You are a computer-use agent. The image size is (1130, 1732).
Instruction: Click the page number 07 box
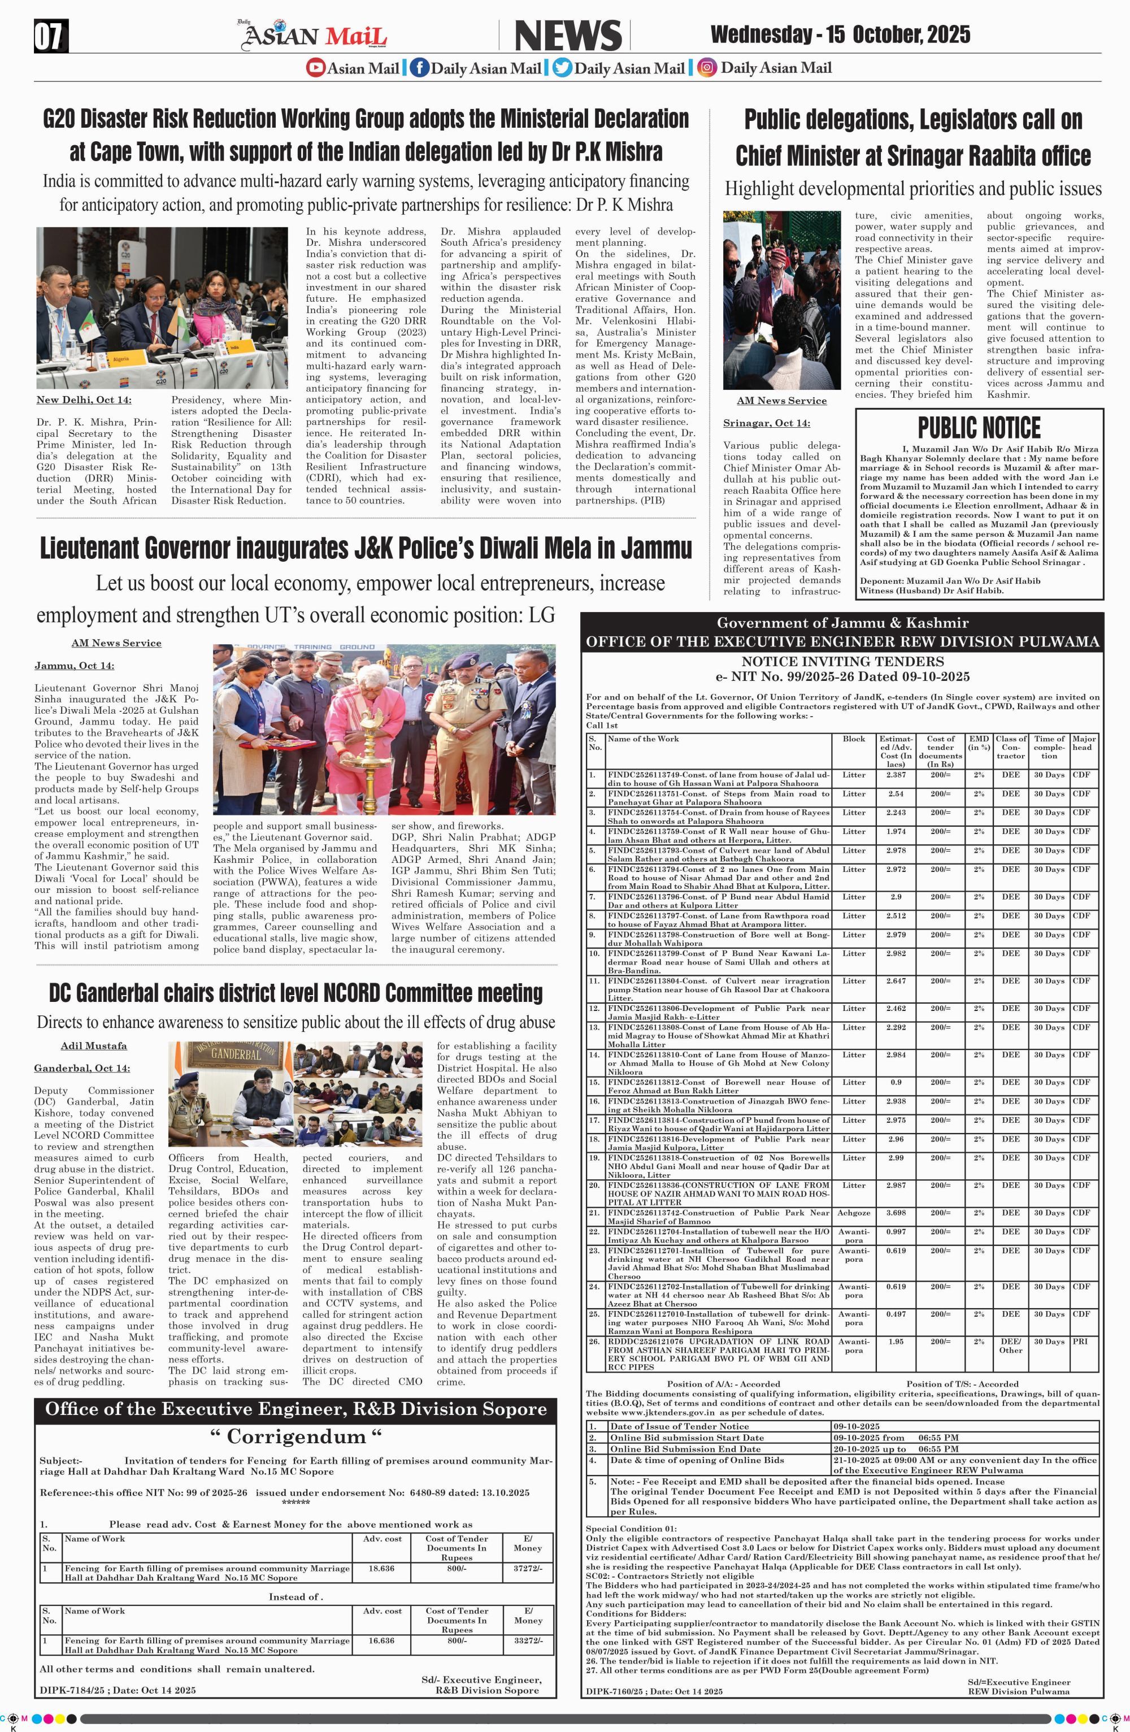click(x=50, y=36)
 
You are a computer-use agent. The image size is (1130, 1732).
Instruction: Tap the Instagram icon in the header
click(x=706, y=68)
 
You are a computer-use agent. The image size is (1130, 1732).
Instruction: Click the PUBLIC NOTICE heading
click(x=979, y=427)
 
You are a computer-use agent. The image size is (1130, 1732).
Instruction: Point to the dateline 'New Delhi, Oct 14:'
click(x=84, y=400)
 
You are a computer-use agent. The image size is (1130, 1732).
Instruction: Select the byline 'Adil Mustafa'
click(x=94, y=1046)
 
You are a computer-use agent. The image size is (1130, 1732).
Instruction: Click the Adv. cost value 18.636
click(x=382, y=1568)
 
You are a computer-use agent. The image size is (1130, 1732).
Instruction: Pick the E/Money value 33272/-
click(x=528, y=1641)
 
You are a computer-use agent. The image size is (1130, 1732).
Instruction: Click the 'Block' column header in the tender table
click(x=854, y=739)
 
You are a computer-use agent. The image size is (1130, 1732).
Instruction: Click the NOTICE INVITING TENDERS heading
click(x=842, y=662)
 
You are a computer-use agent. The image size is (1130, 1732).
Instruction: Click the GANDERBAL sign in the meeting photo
click(x=227, y=1057)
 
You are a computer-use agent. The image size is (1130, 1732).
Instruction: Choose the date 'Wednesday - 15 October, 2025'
click(x=840, y=34)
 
